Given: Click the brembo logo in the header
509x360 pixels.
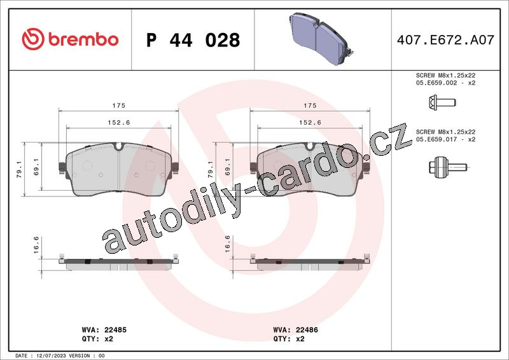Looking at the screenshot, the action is pyautogui.click(x=70, y=39).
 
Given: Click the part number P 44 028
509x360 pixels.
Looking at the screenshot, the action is pyautogui.click(x=193, y=40).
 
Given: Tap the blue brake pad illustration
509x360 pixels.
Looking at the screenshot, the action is pyautogui.click(x=321, y=38).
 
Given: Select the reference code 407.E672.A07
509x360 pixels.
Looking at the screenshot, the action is pyautogui.click(x=445, y=39).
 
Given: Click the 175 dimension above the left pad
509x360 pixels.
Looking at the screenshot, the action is pyautogui.click(x=119, y=105).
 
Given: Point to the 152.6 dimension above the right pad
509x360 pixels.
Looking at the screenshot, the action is pyautogui.click(x=310, y=122).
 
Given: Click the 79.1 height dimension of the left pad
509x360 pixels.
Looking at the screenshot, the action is pyautogui.click(x=19, y=169).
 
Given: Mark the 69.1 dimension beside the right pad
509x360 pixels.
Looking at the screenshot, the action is pyautogui.click(x=227, y=167).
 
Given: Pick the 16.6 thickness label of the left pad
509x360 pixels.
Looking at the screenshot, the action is pyautogui.click(x=36, y=245).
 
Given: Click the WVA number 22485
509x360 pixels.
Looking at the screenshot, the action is pyautogui.click(x=115, y=330).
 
